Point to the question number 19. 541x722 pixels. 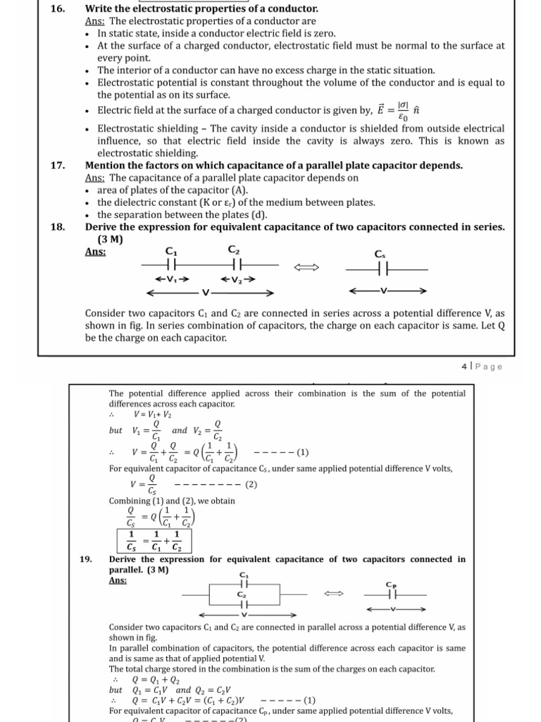point(86,559)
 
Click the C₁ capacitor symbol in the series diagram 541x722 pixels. point(170,267)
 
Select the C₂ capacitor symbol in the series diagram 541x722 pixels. point(236,267)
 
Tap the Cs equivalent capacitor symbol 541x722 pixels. point(381,269)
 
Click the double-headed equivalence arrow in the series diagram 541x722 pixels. point(311,267)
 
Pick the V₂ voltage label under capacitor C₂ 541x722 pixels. point(237,279)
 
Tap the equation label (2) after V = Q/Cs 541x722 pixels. point(252,484)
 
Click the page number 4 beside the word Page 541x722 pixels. point(464,367)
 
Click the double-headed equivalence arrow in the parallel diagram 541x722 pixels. point(332,594)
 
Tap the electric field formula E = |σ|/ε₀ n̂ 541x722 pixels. point(398,111)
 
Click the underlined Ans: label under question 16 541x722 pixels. point(95,21)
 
